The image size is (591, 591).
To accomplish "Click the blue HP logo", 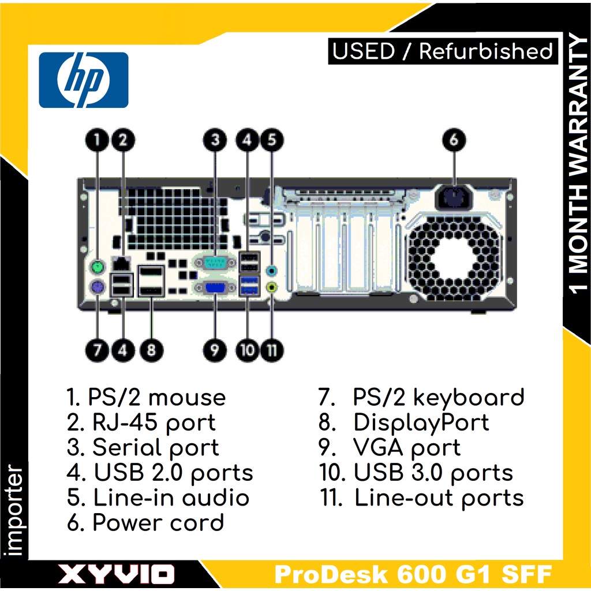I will coord(83,80).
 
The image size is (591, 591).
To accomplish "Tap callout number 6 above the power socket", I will coord(454,140).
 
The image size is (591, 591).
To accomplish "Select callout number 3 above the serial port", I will coord(215,140).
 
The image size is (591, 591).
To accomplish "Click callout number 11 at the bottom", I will coord(272,349).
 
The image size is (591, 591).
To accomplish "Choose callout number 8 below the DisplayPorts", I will coord(151,349).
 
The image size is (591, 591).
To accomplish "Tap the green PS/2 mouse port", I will coord(97,267).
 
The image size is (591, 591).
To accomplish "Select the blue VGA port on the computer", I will coord(215,287).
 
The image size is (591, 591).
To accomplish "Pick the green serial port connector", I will coord(215,263).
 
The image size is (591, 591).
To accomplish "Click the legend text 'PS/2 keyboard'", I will coord(439,398).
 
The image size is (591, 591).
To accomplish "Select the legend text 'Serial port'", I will coord(156,448).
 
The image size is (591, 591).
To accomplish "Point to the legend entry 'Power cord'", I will coord(158,523).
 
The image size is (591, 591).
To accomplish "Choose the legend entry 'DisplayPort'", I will coord(421,422).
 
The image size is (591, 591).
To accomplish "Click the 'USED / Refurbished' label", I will coord(443,51).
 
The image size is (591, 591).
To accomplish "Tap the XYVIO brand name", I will coord(116,574).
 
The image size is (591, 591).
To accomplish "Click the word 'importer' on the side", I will coord(16,511).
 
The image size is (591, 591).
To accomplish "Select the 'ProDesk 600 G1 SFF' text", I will coord(413,574).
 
